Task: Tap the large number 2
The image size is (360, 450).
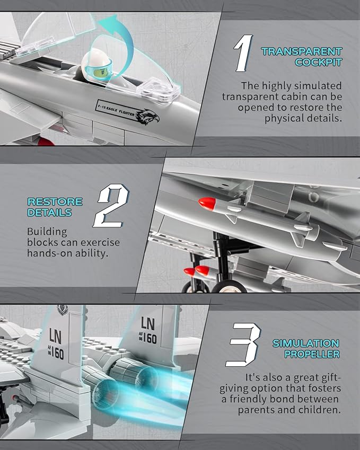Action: point(111,206)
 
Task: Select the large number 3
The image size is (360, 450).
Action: point(243,345)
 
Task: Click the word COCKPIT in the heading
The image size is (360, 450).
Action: point(318,62)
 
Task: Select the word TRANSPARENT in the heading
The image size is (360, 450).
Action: point(302,51)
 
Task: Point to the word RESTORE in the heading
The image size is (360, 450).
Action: point(55,202)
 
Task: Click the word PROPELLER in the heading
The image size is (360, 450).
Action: point(312,354)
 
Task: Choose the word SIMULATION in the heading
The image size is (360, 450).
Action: point(306,343)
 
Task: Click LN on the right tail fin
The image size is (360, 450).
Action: point(147,323)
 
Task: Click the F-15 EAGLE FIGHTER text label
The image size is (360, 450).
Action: point(116,110)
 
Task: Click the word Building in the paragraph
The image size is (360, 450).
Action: point(47,232)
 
